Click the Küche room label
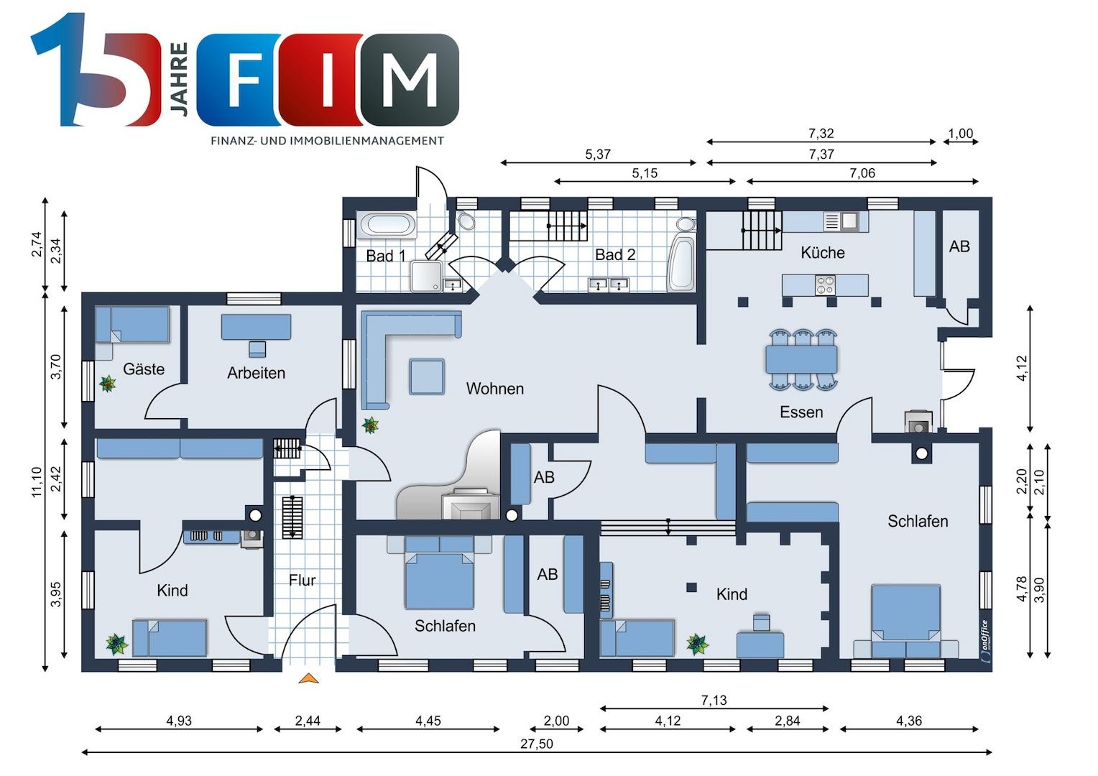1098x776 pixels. point(823,252)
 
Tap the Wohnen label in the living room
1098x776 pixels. point(494,388)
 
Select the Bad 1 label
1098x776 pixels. point(386,255)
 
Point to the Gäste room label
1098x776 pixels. point(144,369)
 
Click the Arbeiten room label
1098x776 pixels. point(256,373)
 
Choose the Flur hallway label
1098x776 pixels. point(302,580)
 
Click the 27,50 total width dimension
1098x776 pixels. point(536,744)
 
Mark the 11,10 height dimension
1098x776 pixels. point(37,482)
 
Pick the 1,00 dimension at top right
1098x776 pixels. point(960,134)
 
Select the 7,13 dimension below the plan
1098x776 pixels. point(714,700)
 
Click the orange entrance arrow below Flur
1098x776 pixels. point(308,678)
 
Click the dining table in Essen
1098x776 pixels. point(801,359)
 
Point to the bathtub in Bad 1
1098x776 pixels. point(387,225)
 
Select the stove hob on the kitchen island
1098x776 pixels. point(825,285)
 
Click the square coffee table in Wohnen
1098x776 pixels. point(427,377)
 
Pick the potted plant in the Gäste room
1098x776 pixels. point(107,384)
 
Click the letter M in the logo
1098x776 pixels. point(410,80)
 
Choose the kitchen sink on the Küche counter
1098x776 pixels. point(849,221)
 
